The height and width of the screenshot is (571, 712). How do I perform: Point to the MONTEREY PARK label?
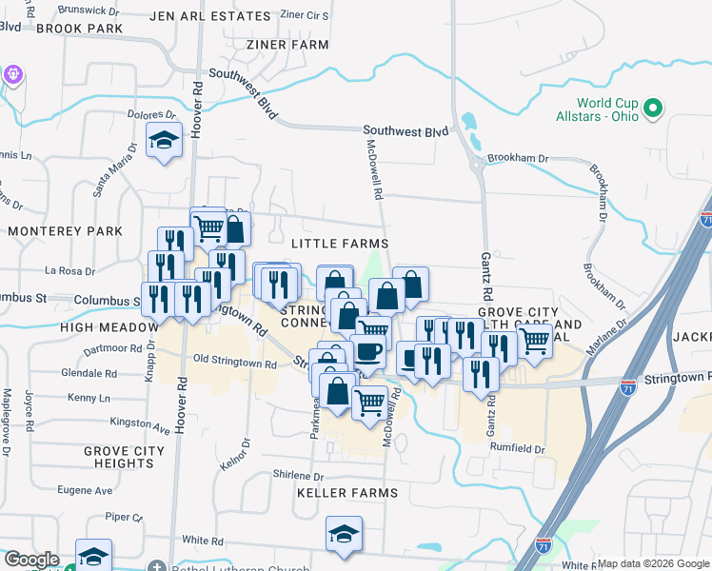(x=65, y=231)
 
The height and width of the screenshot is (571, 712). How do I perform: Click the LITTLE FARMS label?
(x=340, y=245)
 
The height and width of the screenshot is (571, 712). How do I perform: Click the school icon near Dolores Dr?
(x=165, y=141)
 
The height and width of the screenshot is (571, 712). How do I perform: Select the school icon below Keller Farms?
(x=345, y=534)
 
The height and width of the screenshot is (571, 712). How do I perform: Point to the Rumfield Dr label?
(x=518, y=449)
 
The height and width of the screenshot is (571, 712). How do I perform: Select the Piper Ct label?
(x=124, y=517)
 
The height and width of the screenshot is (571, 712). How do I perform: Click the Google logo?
(x=30, y=560)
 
